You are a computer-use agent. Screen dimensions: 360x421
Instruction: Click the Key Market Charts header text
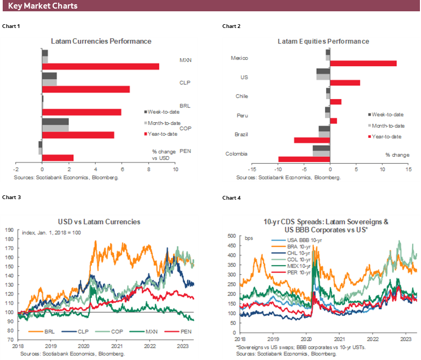[43, 6]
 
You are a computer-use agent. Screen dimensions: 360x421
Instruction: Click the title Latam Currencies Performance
[101, 41]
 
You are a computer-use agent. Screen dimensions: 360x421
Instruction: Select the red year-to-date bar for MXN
[101, 66]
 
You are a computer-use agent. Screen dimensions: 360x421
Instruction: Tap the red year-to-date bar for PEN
[58, 158]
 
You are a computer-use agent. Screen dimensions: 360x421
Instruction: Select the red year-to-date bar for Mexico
[363, 63]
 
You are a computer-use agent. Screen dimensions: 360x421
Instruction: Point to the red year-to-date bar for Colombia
[304, 159]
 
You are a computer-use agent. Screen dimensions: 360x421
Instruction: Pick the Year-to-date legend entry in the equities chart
[386, 136]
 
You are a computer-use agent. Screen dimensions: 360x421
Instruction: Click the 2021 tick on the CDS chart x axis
[339, 340]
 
